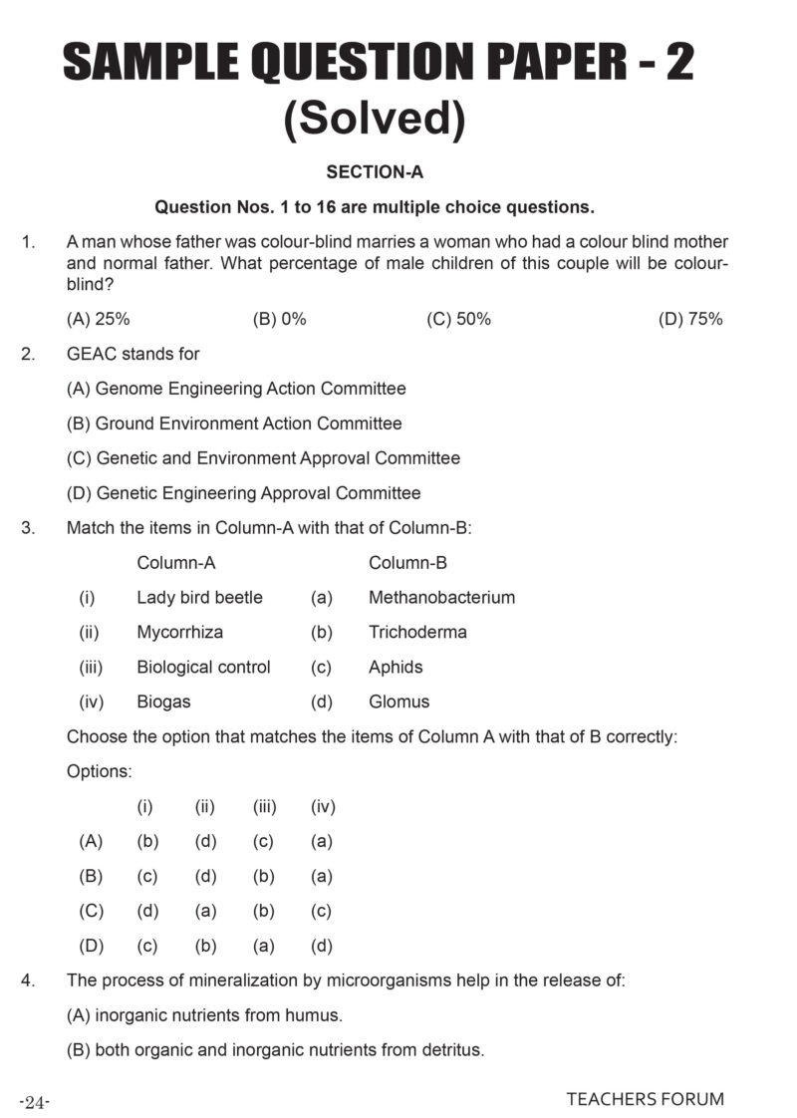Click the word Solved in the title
pos(375,120)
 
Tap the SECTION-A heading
pos(375,172)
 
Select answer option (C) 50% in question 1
pos(458,319)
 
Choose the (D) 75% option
pos(690,319)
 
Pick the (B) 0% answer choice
pos(280,319)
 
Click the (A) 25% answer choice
pos(99,319)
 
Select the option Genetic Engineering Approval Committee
pos(244,493)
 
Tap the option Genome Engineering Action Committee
pos(236,389)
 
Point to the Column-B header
pos(407,563)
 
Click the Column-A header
pos(176,563)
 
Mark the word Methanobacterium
pos(441,598)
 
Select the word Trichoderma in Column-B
pos(417,632)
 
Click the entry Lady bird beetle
pos(199,598)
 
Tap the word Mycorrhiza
pos(179,632)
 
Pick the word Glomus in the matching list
pos(398,701)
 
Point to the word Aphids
pos(396,667)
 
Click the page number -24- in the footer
pos(35,1101)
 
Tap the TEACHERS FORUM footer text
pos(645,1099)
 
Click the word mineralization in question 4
pos(240,980)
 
